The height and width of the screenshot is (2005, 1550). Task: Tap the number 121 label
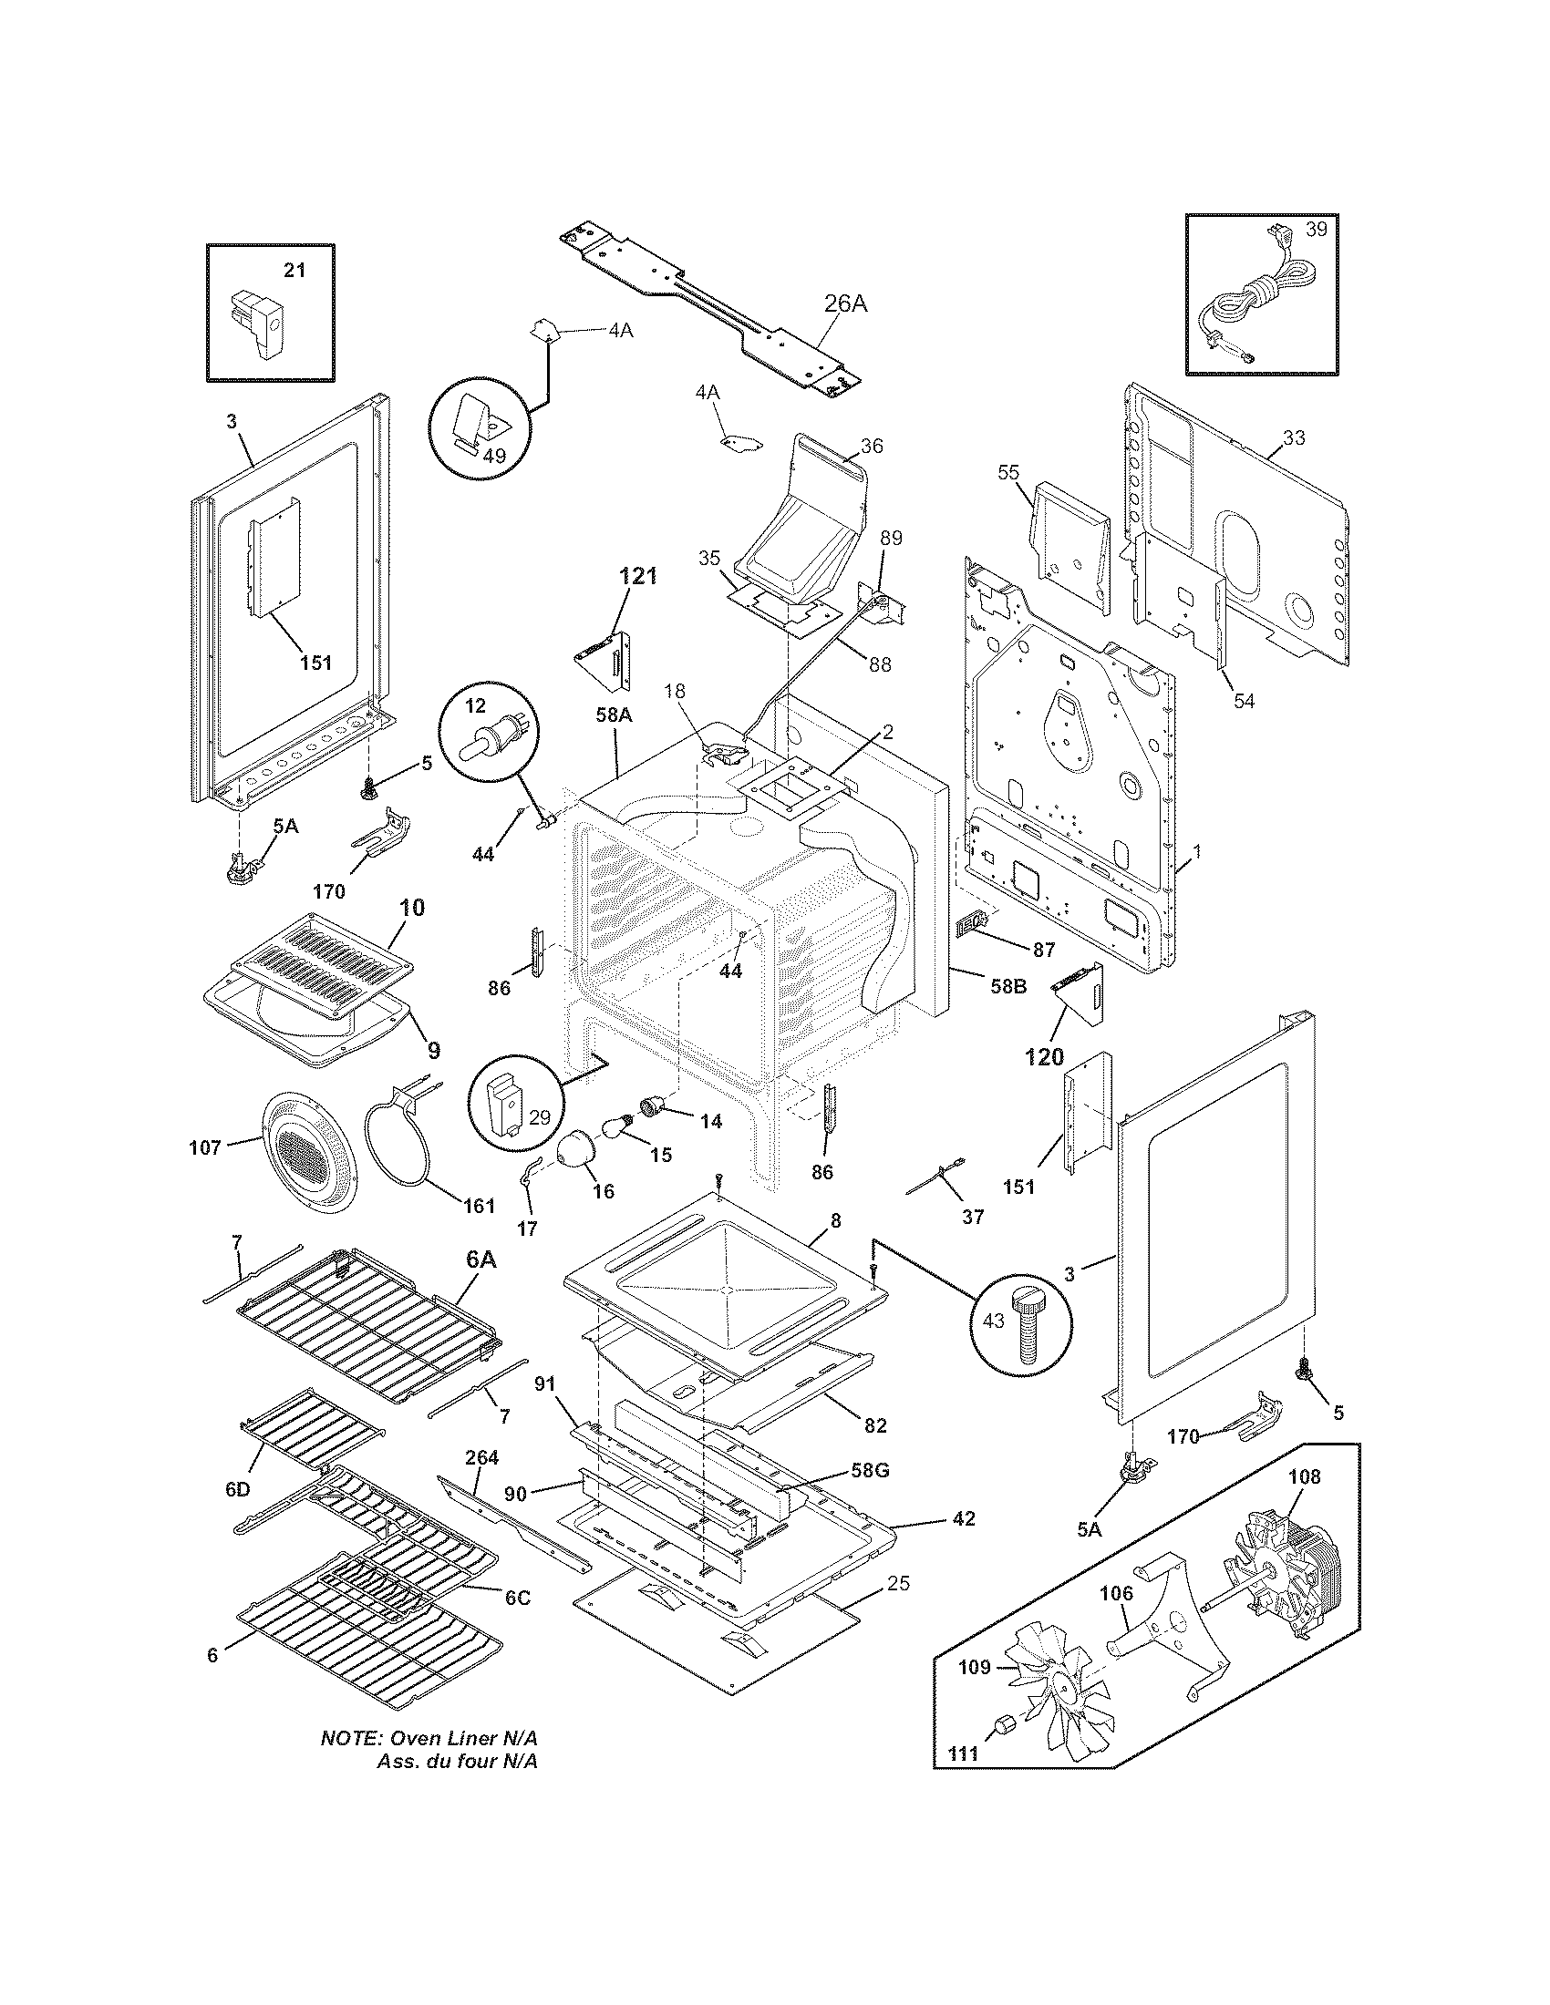coord(638,576)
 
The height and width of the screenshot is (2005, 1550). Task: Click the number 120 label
coord(1044,1056)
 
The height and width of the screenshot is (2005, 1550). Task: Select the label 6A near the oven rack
coord(480,1260)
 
